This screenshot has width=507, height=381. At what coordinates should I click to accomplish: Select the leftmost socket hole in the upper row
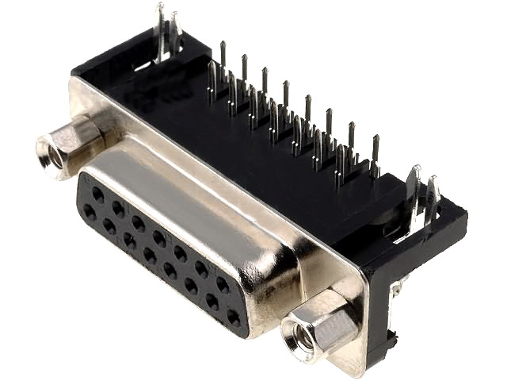click(97, 193)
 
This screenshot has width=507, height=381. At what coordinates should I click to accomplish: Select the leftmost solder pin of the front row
click(212, 79)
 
